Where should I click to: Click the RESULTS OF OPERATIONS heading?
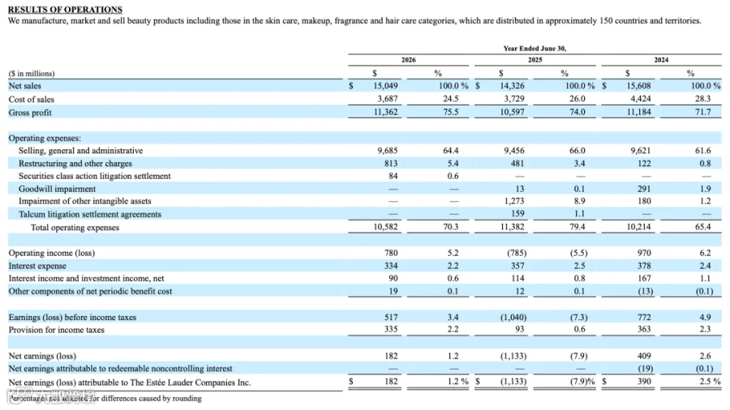coord(65,9)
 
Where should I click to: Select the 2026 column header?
coord(408,60)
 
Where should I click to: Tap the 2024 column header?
coord(661,60)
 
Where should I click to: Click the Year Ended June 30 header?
coord(535,49)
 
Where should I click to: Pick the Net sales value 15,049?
coord(385,86)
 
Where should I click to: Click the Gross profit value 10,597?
coord(512,112)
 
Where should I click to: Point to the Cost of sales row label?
coord(31,100)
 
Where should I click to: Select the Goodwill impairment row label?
coord(57,189)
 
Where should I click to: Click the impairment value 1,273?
coord(514,201)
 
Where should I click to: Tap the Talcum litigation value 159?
coord(517,214)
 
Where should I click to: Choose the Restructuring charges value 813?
coord(391,164)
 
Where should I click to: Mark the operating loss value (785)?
coord(517,253)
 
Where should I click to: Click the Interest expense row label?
coord(37,266)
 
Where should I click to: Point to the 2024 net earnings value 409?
coord(644,356)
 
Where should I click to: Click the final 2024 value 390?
coord(644,382)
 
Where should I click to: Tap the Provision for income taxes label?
coord(56,330)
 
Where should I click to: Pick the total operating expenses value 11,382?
coord(512,227)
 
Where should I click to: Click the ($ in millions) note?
coord(31,74)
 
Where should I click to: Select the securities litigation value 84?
coord(393,176)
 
